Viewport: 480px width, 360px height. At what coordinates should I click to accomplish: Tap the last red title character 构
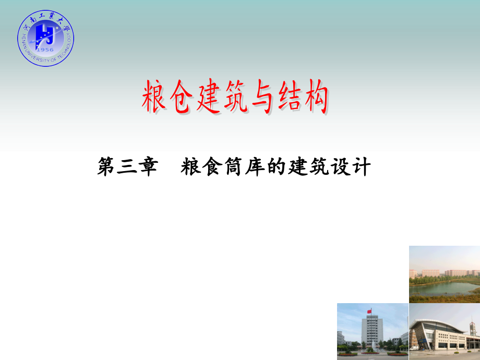[x=315, y=98]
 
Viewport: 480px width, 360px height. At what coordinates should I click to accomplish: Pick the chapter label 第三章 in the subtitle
[x=127, y=168]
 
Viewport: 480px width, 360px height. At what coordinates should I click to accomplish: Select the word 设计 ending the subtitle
[x=354, y=168]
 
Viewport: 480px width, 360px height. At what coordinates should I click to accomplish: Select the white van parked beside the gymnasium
[x=415, y=347]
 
